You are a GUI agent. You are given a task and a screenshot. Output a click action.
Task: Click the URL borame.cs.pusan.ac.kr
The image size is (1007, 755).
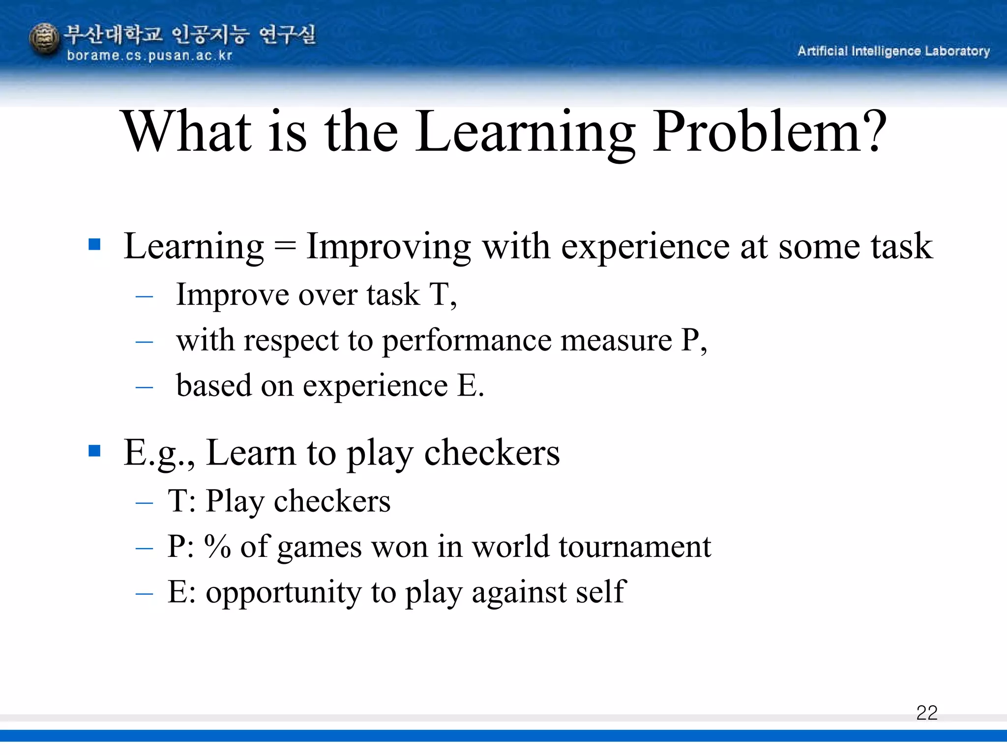(149, 56)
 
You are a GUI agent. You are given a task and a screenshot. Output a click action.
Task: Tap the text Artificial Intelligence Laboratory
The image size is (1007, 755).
(893, 51)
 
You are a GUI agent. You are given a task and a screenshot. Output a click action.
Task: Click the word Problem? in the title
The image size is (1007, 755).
(770, 132)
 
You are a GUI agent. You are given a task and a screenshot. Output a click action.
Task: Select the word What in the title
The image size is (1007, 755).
(187, 132)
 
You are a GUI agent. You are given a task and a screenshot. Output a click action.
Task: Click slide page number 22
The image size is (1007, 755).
(927, 713)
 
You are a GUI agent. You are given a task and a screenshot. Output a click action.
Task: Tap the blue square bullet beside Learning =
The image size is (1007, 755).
(94, 244)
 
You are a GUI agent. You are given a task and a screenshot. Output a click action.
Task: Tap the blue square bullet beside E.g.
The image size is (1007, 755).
(94, 451)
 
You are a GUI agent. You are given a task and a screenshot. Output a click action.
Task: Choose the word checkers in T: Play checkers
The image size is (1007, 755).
(332, 501)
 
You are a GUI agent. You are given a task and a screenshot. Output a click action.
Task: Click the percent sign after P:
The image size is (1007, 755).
(217, 547)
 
